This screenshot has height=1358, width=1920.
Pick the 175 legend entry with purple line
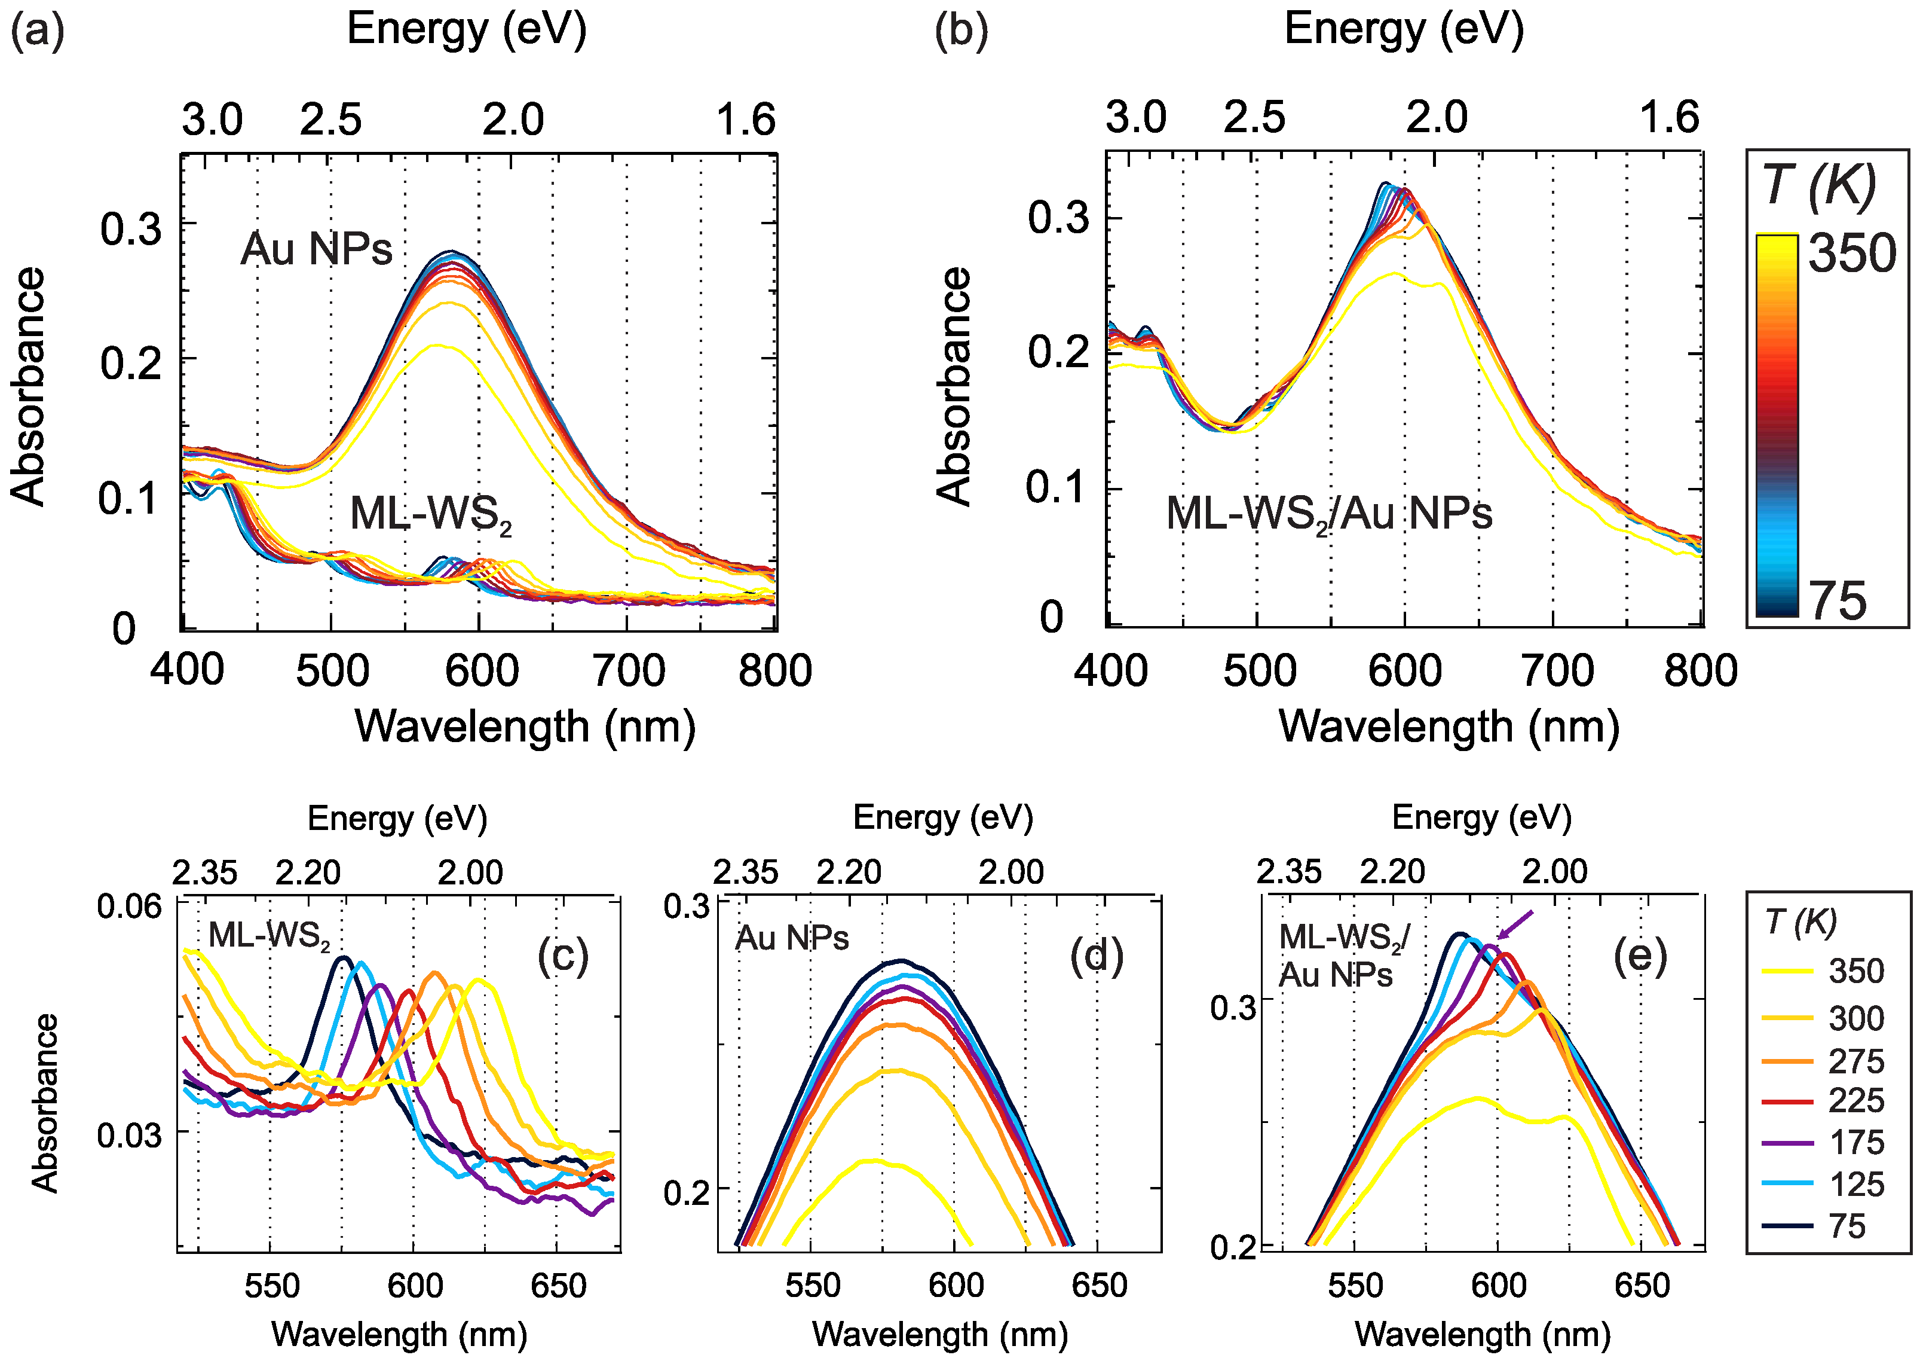click(x=1855, y=1142)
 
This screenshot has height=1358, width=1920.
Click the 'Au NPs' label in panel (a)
click(x=316, y=249)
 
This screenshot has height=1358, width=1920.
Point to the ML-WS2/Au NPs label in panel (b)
click(x=1328, y=514)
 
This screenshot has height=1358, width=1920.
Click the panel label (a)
click(x=37, y=32)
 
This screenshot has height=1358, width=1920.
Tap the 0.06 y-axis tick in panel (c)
click(x=130, y=906)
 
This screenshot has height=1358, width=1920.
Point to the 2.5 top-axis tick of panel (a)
click(x=331, y=120)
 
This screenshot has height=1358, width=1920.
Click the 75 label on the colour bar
click(x=1837, y=601)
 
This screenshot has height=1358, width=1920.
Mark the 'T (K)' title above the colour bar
click(x=1820, y=186)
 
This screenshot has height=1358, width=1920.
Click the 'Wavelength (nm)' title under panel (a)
click(x=525, y=727)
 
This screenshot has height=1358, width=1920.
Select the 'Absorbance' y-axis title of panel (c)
click(x=45, y=1102)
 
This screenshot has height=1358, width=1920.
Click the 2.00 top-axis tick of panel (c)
click(x=470, y=872)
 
